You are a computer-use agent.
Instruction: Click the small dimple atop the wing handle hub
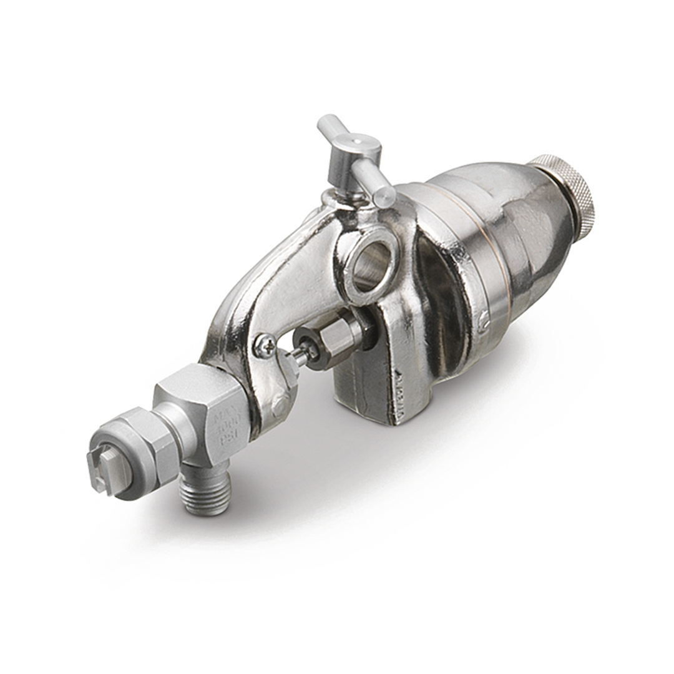[357, 142]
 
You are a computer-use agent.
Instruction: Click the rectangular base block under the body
[368, 387]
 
